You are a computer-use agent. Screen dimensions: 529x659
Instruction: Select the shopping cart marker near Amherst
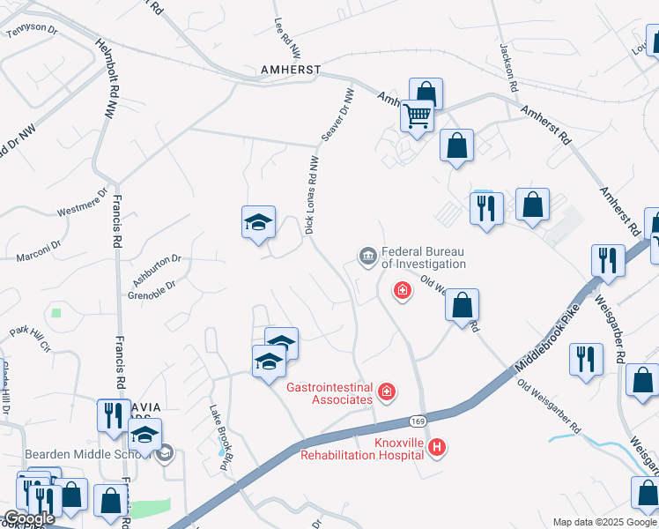point(418,115)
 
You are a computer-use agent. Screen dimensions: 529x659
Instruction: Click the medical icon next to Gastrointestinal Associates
point(386,391)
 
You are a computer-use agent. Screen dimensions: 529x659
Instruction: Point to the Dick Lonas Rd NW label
point(311,195)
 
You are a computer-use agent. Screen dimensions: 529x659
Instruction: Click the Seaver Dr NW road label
point(337,115)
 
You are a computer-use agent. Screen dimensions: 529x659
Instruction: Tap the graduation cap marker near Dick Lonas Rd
point(259,223)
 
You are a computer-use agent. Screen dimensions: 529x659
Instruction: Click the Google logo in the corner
point(29,518)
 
